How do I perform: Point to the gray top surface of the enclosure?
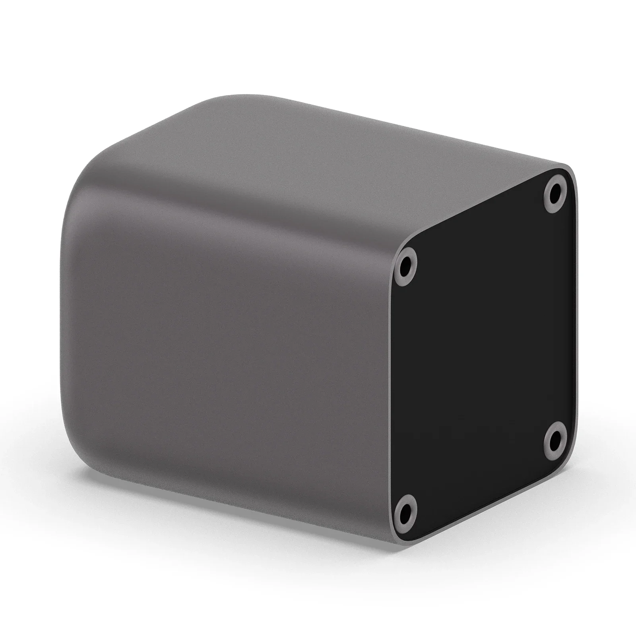click(318, 151)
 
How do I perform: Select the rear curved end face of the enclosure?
click(70, 318)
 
